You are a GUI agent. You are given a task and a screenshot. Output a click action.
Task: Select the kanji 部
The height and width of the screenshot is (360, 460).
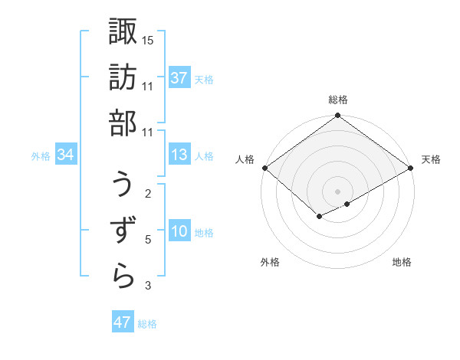(123, 122)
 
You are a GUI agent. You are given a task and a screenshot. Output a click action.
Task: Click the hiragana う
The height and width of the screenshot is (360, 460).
(123, 184)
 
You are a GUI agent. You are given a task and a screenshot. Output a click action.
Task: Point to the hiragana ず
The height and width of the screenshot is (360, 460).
(123, 230)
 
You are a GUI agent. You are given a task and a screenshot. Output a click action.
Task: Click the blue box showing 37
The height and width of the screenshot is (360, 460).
(179, 78)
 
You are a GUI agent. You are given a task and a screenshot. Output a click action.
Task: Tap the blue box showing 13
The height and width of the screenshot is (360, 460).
(179, 155)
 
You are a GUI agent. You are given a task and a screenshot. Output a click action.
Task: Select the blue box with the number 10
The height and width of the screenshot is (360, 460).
(179, 231)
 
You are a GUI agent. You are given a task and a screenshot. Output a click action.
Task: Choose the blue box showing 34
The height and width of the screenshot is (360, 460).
(66, 155)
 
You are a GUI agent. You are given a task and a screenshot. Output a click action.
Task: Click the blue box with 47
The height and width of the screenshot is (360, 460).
(123, 322)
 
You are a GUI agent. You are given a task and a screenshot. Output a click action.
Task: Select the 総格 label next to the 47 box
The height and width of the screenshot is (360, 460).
(147, 324)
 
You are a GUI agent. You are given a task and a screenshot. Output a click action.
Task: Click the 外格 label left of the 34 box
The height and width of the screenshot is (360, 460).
(41, 156)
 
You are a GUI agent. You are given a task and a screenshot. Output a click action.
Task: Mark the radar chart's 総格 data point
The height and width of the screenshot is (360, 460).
(337, 116)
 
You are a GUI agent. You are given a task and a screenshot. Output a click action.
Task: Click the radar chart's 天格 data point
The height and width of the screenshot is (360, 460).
(411, 169)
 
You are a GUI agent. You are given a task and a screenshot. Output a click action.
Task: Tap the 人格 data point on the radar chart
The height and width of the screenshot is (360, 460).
(264, 168)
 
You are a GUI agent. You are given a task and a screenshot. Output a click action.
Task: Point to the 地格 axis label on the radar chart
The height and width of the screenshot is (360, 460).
(402, 263)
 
